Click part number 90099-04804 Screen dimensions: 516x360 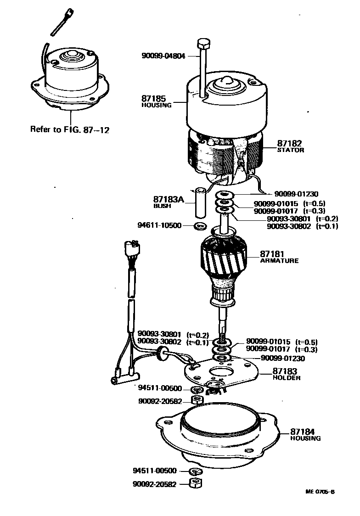pos(163,56)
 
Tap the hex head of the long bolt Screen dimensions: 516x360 pos(202,45)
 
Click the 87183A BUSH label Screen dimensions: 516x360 pos(168,202)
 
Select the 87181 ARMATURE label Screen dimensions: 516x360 pos(279,256)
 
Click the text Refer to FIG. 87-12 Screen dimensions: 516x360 pos(70,129)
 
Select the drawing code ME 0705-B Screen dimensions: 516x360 pos(321,492)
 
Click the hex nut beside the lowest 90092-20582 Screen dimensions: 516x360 pos(196,483)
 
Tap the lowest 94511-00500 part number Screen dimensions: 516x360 pos(154,471)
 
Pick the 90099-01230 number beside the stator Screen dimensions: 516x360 pos(296,194)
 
